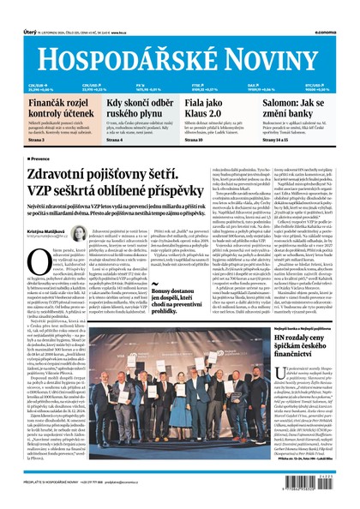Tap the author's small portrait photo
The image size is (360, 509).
click(x=78, y=234)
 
